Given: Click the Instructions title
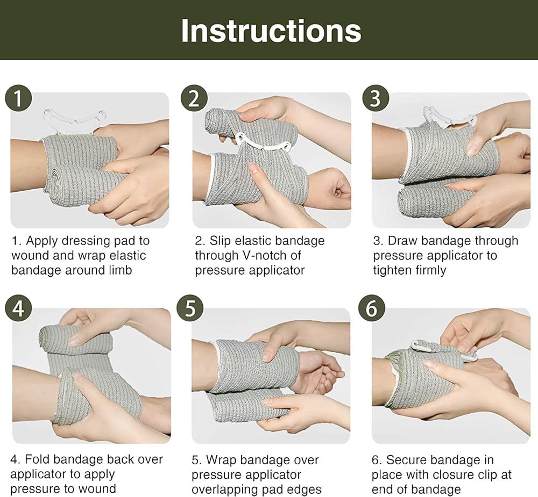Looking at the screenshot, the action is pyautogui.click(x=271, y=31).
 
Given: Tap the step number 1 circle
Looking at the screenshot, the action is pyautogui.click(x=18, y=98).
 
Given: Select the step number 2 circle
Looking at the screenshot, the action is pyautogui.click(x=194, y=98).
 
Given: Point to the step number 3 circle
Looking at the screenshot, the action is pyautogui.click(x=376, y=98).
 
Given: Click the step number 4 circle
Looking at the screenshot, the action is pyautogui.click(x=18, y=308).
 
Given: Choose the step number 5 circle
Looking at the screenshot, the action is pyautogui.click(x=190, y=308).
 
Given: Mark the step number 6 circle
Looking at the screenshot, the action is pyautogui.click(x=372, y=308).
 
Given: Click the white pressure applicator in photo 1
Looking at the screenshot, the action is pyautogui.click(x=75, y=121).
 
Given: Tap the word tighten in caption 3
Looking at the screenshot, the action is pyautogui.click(x=392, y=271).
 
